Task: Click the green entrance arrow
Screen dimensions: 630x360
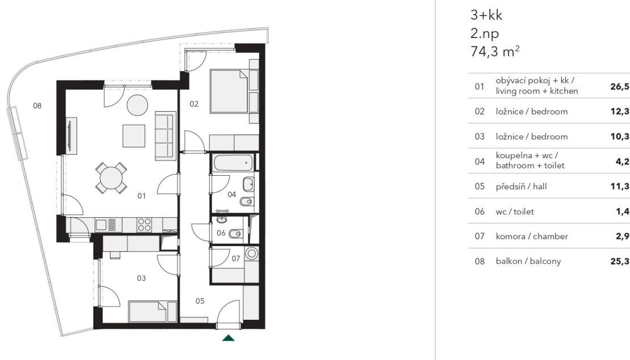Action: click(229, 338)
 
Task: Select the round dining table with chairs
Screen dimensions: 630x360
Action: click(111, 178)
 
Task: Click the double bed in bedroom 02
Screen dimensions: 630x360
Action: click(229, 92)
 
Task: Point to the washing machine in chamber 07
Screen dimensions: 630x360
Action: click(252, 253)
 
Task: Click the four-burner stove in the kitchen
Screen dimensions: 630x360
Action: click(144, 225)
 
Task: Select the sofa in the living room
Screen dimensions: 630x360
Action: click(166, 136)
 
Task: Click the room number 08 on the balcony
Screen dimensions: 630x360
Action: click(37, 105)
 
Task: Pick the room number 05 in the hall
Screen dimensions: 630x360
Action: click(200, 301)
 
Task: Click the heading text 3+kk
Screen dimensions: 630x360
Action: click(486, 15)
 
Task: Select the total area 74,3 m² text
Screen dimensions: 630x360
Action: click(495, 52)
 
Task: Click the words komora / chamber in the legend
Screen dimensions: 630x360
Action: click(531, 236)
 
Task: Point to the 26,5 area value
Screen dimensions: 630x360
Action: click(620, 86)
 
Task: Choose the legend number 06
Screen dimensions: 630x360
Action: click(480, 211)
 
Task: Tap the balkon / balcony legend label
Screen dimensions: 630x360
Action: click(528, 261)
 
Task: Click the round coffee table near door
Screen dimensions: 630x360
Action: click(137, 105)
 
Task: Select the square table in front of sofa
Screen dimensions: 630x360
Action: click(134, 136)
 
